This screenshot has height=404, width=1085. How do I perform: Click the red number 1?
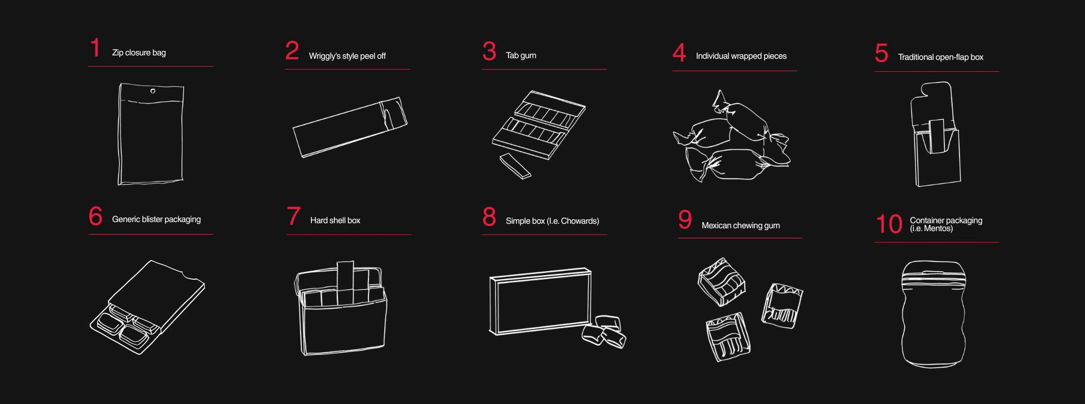(x=96, y=47)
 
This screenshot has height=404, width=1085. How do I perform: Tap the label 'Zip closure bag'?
(x=139, y=53)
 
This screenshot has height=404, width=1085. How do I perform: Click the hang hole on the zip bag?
(x=153, y=91)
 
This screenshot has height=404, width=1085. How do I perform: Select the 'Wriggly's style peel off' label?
(x=347, y=56)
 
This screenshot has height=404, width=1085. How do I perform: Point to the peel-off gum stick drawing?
(x=350, y=127)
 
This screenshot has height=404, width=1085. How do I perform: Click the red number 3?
(x=489, y=51)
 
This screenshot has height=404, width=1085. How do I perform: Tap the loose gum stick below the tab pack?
(x=515, y=167)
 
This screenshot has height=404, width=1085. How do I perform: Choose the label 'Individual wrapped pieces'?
(x=741, y=56)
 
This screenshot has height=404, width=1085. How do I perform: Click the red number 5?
(x=881, y=53)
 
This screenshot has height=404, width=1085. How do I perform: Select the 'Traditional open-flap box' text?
(x=940, y=57)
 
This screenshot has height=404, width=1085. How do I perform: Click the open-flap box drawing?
(x=935, y=134)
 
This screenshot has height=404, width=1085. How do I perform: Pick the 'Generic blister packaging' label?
(x=156, y=219)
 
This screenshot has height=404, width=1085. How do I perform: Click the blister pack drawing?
(x=147, y=307)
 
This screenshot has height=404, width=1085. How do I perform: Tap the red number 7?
(x=293, y=216)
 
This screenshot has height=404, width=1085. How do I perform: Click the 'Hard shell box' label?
(x=335, y=220)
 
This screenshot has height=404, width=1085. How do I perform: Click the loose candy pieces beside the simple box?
(x=604, y=332)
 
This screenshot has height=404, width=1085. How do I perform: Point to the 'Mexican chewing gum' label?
(x=740, y=225)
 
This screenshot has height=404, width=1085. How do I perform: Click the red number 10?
(x=889, y=224)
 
